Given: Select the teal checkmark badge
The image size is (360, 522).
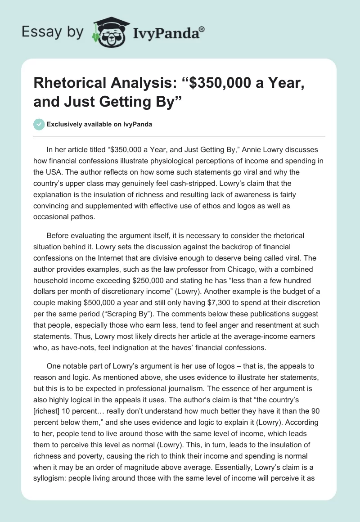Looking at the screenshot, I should click(39, 124).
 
